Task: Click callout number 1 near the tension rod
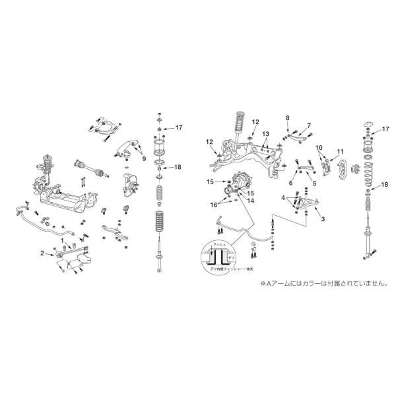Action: [63, 242]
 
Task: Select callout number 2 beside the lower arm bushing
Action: [42, 253]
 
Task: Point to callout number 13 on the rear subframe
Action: [265, 134]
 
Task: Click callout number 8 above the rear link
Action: [287, 117]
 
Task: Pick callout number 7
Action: [308, 125]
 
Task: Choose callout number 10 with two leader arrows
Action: [318, 148]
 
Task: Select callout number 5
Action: [315, 183]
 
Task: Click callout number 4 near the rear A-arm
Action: [283, 197]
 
